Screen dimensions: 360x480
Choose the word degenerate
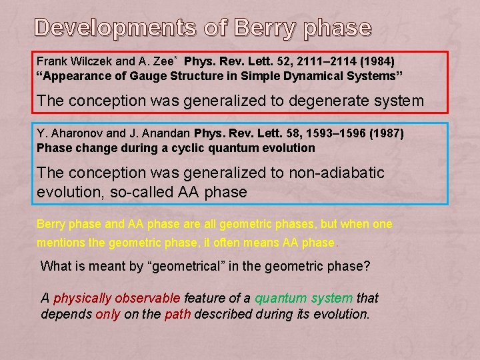click(301, 101)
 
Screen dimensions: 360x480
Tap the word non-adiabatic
click(337, 173)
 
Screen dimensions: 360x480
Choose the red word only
click(107, 313)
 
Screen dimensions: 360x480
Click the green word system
click(330, 298)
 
